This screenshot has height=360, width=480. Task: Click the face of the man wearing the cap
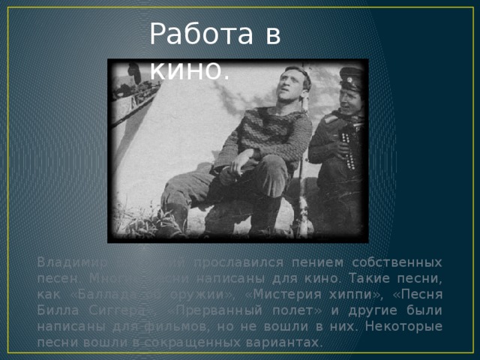[x=349, y=97]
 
